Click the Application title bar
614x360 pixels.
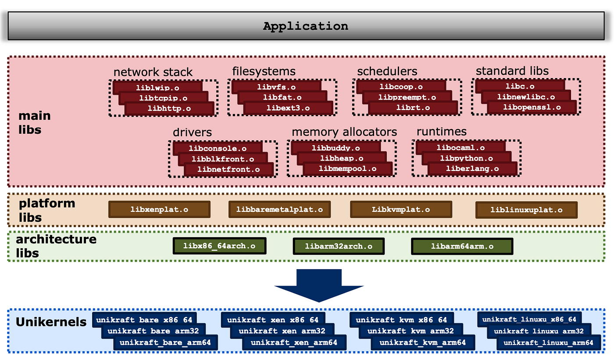pyautogui.click(x=306, y=26)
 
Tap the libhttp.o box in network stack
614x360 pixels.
pyautogui.click(x=169, y=108)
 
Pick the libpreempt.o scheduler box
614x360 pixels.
pyautogui.click(x=407, y=97)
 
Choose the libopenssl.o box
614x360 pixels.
pyautogui.click(x=532, y=107)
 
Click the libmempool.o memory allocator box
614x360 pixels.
pyautogui.click(x=347, y=169)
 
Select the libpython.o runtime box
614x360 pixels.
pyautogui.click(x=467, y=158)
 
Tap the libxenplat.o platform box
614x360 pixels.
pyautogui.click(x=159, y=210)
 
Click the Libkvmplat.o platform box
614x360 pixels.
pyautogui.click(x=401, y=210)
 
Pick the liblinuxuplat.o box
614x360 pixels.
pyautogui.click(x=526, y=210)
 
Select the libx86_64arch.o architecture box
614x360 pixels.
pyautogui.click(x=219, y=246)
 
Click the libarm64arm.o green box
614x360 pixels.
pyautogui.click(x=462, y=246)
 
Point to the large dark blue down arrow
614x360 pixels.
pyautogui.click(x=319, y=285)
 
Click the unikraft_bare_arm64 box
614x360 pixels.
pyautogui.click(x=162, y=342)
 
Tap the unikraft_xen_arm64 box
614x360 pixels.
pyautogui.click(x=294, y=342)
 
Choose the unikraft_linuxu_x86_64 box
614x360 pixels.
pyautogui.click(x=529, y=319)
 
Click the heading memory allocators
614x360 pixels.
pyautogui.click(x=344, y=132)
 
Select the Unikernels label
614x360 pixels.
pyautogui.click(x=51, y=322)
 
